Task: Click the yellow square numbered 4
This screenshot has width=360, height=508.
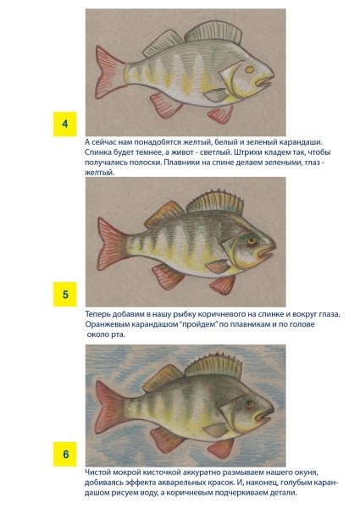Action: click(65, 124)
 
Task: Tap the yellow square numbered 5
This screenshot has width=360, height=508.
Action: click(65, 294)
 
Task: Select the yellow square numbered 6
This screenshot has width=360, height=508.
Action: click(65, 454)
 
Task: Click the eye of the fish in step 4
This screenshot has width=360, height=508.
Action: click(250, 69)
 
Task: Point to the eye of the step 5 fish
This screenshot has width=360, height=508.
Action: click(252, 241)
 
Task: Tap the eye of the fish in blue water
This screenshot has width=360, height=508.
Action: click(249, 404)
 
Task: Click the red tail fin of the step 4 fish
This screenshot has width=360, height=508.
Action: click(108, 72)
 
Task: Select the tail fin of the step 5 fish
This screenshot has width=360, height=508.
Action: click(110, 244)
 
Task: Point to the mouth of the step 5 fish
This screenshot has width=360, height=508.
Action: click(266, 251)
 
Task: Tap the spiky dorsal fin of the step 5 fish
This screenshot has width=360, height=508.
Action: click(215, 202)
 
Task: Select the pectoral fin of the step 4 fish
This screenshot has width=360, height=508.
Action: click(216, 95)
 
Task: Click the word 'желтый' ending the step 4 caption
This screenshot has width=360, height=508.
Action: click(100, 173)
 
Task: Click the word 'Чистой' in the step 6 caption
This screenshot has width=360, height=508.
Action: click(97, 472)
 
